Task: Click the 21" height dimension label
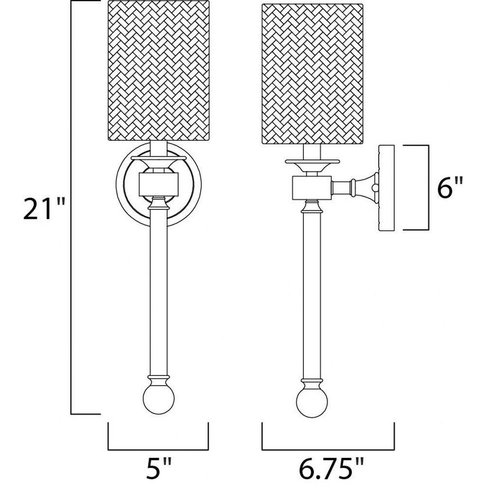point(44,209)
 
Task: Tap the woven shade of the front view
point(160,71)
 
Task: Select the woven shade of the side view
point(313,74)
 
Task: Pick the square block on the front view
point(159,185)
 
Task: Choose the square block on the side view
point(312,187)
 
